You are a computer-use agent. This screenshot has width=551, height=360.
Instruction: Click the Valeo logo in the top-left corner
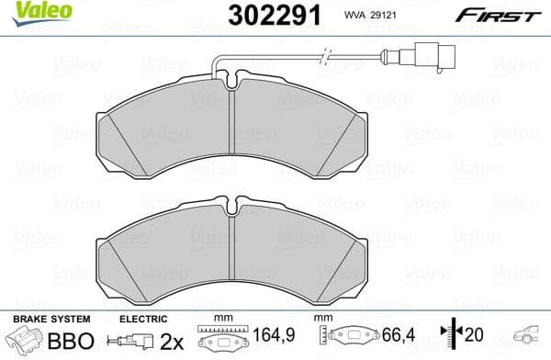pyautogui.click(x=31, y=12)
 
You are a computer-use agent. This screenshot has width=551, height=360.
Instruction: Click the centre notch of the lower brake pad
pyautogui.click(x=234, y=202)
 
